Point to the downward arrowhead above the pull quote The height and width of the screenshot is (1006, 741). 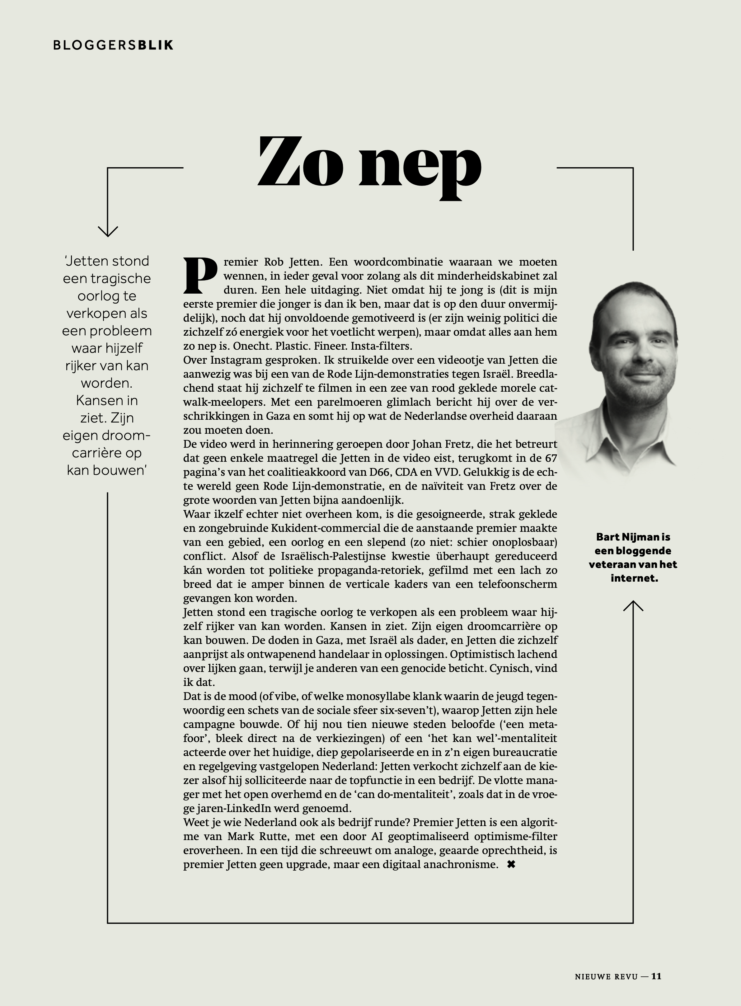point(108,231)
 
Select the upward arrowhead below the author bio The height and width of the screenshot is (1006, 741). point(633,606)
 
